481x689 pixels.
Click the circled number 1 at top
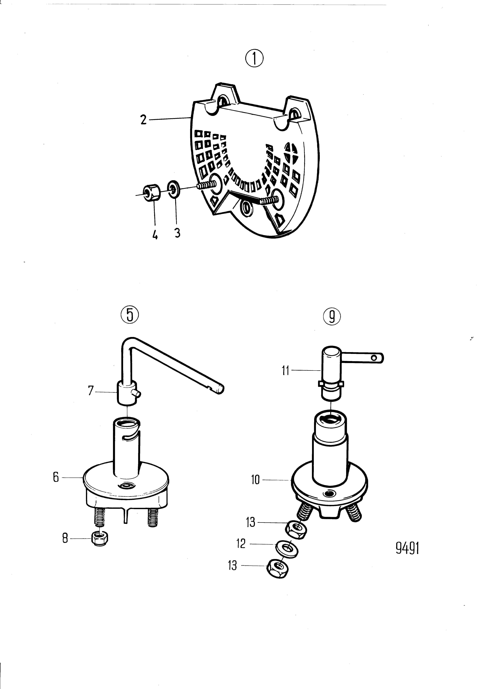pyautogui.click(x=254, y=59)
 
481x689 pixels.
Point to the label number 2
pyautogui.click(x=144, y=120)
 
